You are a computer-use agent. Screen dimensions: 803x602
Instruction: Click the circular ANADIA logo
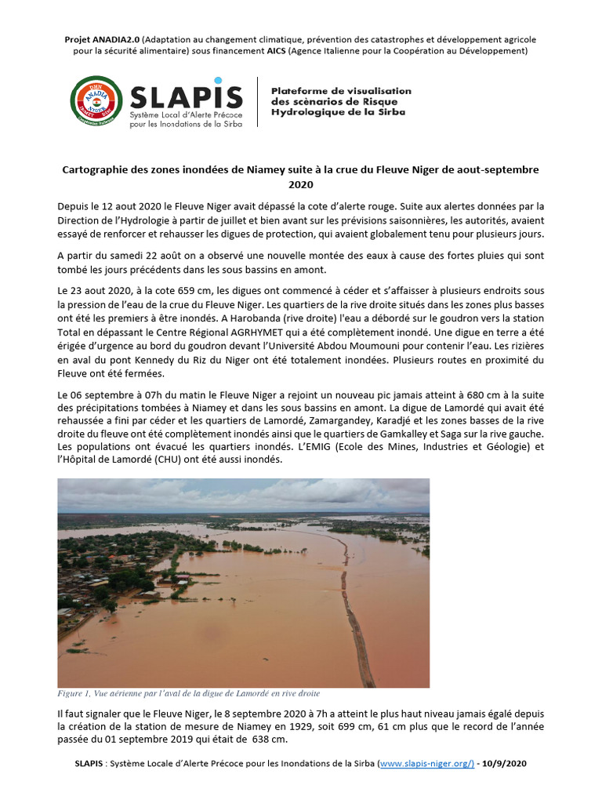(96, 102)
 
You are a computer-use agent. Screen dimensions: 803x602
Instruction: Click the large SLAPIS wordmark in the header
(176, 96)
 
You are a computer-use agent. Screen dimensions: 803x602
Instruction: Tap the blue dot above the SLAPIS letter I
(218, 80)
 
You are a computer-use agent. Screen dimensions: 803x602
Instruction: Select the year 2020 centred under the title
(301, 184)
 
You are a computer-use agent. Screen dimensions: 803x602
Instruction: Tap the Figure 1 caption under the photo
(188, 693)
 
